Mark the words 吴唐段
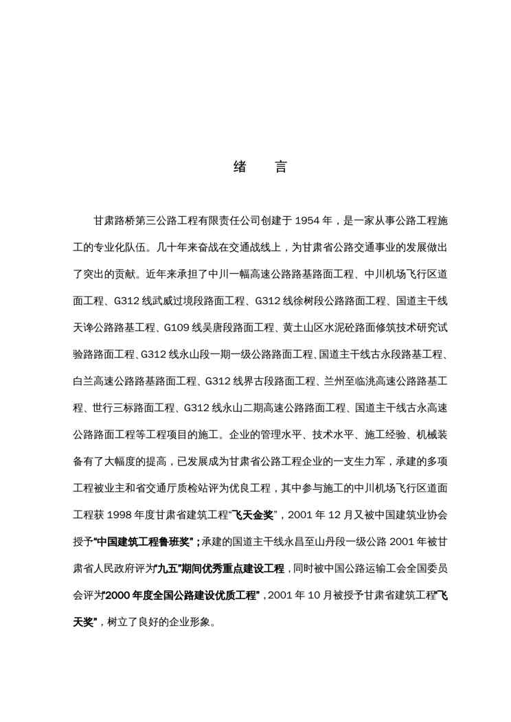coord(227,329)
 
